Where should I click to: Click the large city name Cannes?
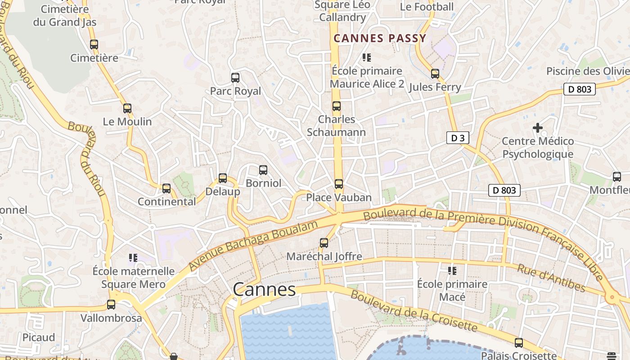tap(264, 289)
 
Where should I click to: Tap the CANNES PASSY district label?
tap(380, 38)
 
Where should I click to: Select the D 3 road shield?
tap(458, 138)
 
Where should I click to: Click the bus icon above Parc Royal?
tap(235, 78)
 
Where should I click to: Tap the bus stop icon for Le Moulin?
tap(127, 108)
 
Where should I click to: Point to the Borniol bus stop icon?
tap(263, 170)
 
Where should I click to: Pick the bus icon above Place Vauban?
tap(339, 184)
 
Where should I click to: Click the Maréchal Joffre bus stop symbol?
tap(324, 243)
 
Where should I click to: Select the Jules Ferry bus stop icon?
tap(435, 74)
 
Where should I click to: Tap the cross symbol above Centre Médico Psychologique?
tap(537, 128)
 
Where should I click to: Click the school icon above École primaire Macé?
tap(452, 271)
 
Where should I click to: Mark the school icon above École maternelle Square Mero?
tap(133, 258)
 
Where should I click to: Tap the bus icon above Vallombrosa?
tap(111, 305)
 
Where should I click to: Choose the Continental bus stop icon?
tap(166, 189)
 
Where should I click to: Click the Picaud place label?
tap(39, 337)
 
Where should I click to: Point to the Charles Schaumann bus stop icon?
tap(337, 106)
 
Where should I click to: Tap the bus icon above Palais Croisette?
tap(519, 343)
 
